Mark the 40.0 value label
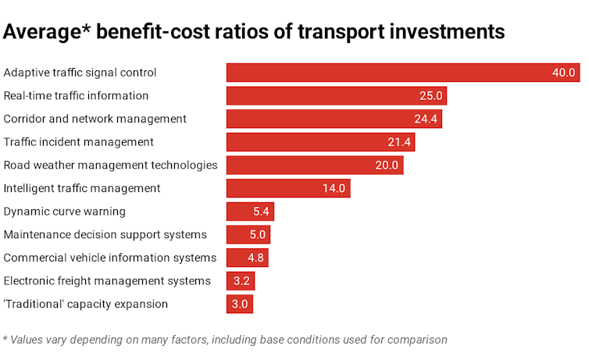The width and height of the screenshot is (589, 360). coord(563,73)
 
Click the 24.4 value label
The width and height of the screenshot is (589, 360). coord(427,119)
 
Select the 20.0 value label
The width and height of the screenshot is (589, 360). coord(387,166)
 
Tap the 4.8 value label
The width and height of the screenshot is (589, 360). coord(255,258)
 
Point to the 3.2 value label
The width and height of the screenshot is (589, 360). coord(241,281)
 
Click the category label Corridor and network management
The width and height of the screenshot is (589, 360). coord(95,119)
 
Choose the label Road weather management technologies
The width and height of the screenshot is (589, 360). coord(110,166)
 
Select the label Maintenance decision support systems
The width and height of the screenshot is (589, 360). coord(105,235)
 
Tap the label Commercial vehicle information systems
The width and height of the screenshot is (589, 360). coord(110,258)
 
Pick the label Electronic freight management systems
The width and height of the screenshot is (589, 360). coord(107,281)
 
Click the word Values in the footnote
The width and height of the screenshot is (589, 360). coord(29,340)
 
